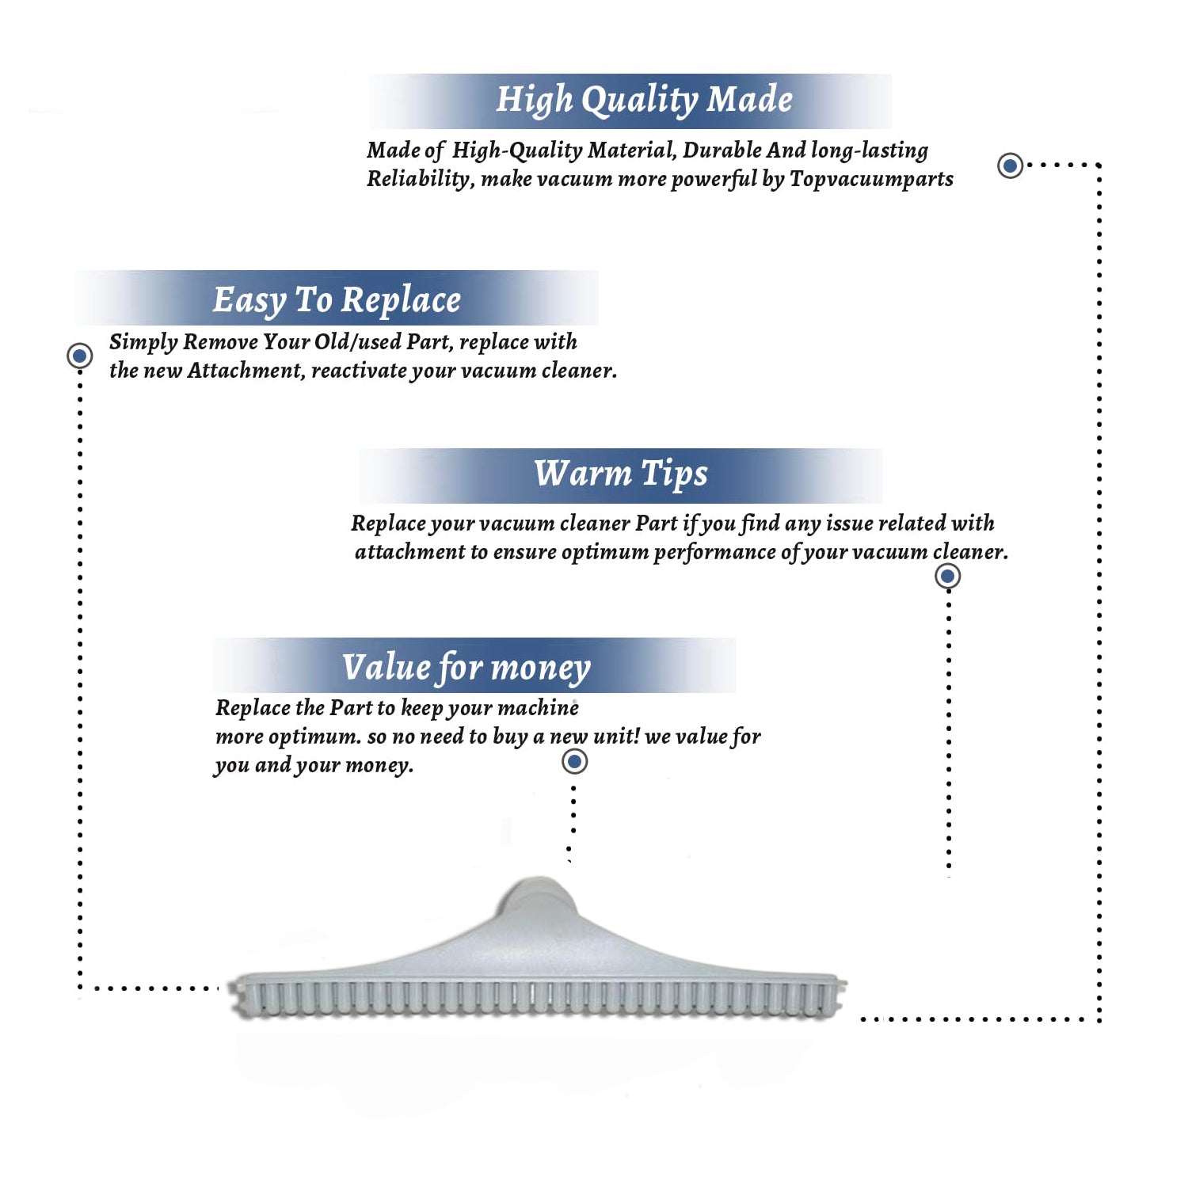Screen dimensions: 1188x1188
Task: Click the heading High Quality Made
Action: tap(644, 100)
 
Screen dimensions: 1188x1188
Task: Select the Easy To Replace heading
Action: tap(337, 300)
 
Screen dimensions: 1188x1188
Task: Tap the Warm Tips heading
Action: tap(620, 474)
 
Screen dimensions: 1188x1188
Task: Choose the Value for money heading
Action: tap(466, 667)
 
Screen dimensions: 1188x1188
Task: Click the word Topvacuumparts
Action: tap(871, 179)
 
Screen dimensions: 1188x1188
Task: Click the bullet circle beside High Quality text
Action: tap(1010, 166)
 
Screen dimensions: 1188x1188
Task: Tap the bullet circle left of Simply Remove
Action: tap(79, 356)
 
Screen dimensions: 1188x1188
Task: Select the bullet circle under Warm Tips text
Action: tap(947, 576)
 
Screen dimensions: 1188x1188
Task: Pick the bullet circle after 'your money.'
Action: tap(574, 762)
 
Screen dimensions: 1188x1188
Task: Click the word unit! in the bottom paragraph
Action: tap(615, 737)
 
